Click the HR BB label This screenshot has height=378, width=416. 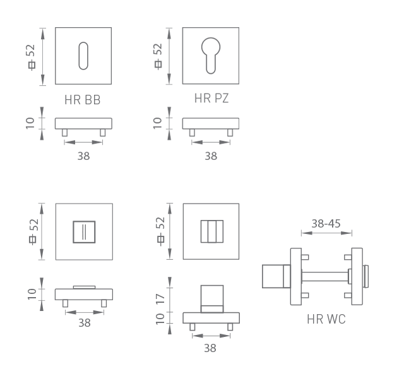[83, 100]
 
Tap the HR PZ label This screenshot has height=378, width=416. [211, 98]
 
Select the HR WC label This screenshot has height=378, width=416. [326, 319]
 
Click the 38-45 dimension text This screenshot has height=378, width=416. [326, 224]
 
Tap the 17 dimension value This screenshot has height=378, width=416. [160, 299]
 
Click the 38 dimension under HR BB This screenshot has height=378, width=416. [83, 156]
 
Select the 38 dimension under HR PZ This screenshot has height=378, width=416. [211, 156]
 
